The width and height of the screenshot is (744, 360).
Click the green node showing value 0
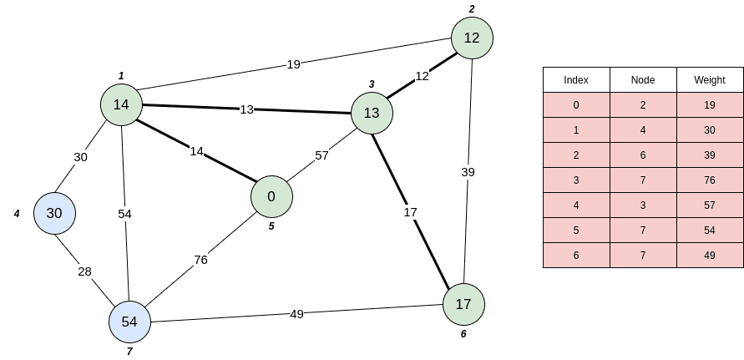tap(271, 196)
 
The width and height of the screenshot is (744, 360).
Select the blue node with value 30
tap(54, 213)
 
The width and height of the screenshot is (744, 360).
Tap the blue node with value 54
tap(129, 322)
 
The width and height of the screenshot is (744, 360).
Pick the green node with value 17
tap(463, 305)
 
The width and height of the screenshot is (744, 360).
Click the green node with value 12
tap(472, 38)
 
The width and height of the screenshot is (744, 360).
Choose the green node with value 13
tap(372, 113)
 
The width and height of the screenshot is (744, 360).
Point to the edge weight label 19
tap(293, 63)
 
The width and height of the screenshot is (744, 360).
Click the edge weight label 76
tap(200, 260)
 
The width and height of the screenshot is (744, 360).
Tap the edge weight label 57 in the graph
tap(321, 155)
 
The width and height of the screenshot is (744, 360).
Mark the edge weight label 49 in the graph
tap(296, 314)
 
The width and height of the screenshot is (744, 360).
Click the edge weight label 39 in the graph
tap(468, 172)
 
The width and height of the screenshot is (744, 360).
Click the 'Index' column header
tap(576, 80)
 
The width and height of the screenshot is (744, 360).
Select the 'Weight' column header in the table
tap(710, 80)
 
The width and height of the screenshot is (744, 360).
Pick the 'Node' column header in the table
tap(643, 80)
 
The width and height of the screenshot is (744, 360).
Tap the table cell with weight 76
tap(710, 180)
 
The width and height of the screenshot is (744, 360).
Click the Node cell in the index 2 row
tap(643, 155)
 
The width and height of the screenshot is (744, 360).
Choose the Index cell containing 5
tap(576, 231)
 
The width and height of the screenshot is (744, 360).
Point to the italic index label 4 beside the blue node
tap(17, 214)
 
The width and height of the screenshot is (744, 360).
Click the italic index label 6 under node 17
tap(463, 334)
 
